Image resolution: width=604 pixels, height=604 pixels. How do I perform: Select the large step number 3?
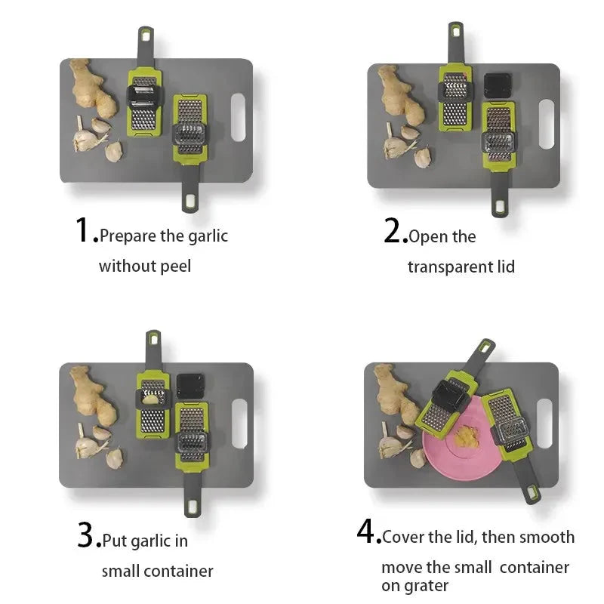(x=85, y=535)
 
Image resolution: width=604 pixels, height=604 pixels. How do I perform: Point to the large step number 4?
(x=365, y=531)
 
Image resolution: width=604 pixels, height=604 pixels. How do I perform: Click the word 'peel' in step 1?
(x=175, y=267)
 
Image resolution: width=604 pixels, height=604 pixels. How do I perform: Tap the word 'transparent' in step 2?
(x=449, y=267)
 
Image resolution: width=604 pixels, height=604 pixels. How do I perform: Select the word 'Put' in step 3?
(x=115, y=541)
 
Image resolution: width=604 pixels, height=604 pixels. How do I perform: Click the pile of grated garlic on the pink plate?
(x=466, y=436)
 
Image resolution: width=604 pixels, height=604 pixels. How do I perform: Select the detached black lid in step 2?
(x=498, y=85)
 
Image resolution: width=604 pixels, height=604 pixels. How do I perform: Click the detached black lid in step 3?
(x=190, y=386)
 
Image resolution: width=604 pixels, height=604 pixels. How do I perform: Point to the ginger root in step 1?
(x=93, y=88)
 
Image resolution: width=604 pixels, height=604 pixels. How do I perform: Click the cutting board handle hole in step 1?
(x=238, y=117)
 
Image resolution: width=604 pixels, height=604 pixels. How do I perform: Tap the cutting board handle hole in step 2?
(x=547, y=124)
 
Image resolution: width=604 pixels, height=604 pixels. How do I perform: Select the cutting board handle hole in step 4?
(x=544, y=424)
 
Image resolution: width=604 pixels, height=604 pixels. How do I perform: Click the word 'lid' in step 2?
(x=506, y=267)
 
